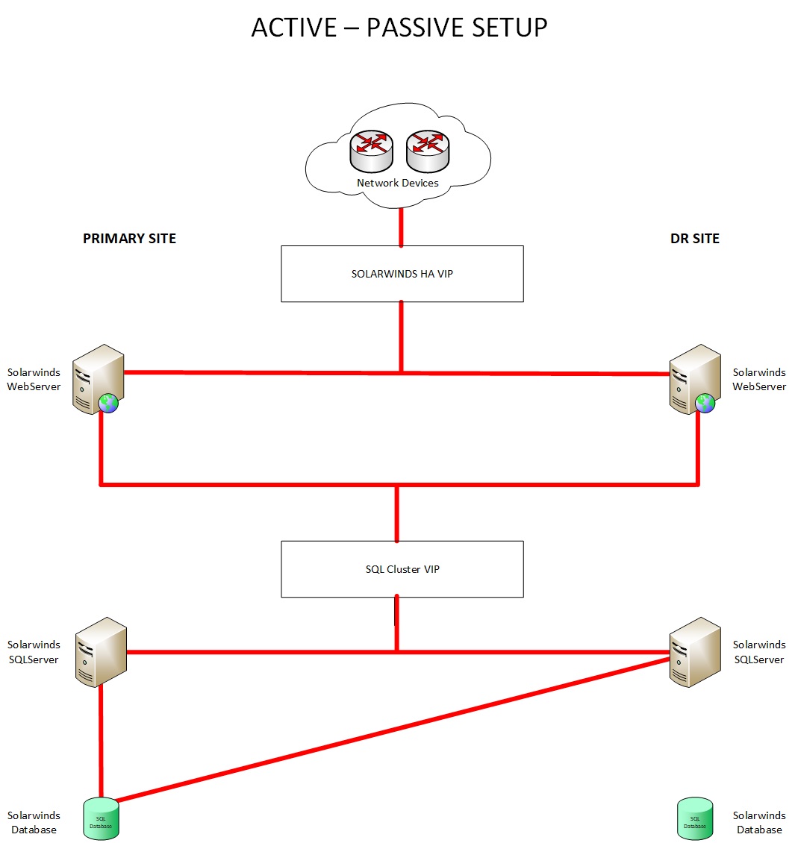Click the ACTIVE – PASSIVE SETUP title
[x=399, y=28]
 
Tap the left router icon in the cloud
[x=371, y=150]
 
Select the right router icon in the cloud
[x=427, y=150]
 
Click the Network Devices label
[x=397, y=183]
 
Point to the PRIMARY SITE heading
[x=129, y=239]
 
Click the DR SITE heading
[x=694, y=239]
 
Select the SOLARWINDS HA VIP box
[x=402, y=274]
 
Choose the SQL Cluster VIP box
[x=402, y=569]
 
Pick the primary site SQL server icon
[x=101, y=651]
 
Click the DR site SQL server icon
[x=694, y=651]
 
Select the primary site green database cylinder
[x=101, y=818]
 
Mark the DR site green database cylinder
[x=694, y=818]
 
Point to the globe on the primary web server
[x=109, y=404]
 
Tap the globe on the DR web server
[x=705, y=404]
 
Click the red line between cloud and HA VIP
[x=402, y=227]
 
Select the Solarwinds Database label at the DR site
[x=759, y=822]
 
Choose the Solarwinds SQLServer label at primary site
[x=34, y=652]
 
